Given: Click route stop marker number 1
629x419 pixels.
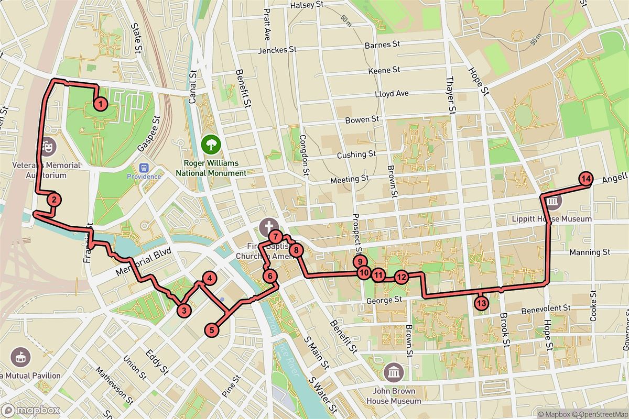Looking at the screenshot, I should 100,104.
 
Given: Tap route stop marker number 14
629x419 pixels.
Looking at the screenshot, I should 586,179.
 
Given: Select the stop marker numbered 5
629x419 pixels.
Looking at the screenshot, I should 212,330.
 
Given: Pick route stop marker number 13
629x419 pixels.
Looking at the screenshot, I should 481,302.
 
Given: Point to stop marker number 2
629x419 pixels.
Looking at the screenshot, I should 53,199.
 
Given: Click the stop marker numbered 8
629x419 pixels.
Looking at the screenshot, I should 296,250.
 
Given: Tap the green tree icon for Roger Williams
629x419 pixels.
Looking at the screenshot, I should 211,142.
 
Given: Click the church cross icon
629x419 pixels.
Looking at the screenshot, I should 267,226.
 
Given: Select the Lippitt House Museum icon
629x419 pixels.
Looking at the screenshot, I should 552,202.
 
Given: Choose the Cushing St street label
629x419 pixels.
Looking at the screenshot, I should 356,155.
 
